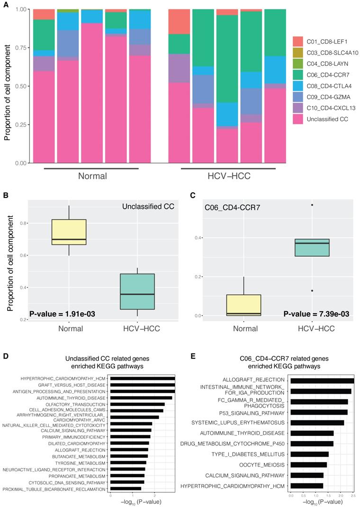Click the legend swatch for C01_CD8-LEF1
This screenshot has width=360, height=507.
click(297, 41)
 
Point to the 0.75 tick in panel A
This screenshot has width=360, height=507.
click(21, 48)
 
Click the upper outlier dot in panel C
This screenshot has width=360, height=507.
click(312, 205)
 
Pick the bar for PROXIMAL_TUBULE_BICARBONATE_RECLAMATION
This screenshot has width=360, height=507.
click(126, 489)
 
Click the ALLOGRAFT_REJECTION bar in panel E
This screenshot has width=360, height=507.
click(322, 380)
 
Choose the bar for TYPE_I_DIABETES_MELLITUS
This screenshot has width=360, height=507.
click(309, 454)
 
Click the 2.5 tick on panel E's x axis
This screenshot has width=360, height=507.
click(352, 495)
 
